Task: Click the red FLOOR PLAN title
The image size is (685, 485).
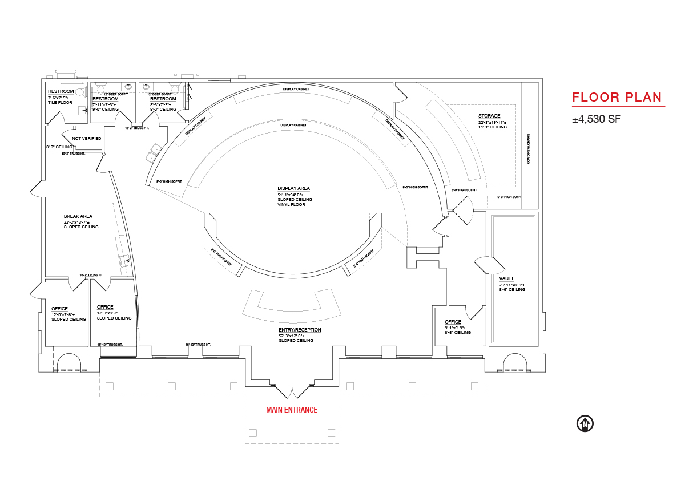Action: pos(617,97)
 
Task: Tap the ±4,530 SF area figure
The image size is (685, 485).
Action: pos(597,120)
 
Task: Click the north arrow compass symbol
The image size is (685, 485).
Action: pos(585,423)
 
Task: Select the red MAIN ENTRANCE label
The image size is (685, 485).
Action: pos(292,410)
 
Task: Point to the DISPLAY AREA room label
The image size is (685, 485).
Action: pos(294,188)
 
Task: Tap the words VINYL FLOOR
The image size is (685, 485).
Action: pos(292,204)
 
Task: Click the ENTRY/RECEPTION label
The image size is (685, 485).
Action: pos(300,330)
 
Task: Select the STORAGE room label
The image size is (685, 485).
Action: pos(489,116)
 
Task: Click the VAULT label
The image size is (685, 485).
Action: pos(506,278)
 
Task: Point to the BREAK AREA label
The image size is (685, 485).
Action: pos(78,216)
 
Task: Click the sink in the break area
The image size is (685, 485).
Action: pos(125,261)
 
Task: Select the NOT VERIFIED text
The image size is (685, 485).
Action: pos(87,138)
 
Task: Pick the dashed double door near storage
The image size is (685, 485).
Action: pos(462,209)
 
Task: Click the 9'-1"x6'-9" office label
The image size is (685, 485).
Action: pos(457,327)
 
